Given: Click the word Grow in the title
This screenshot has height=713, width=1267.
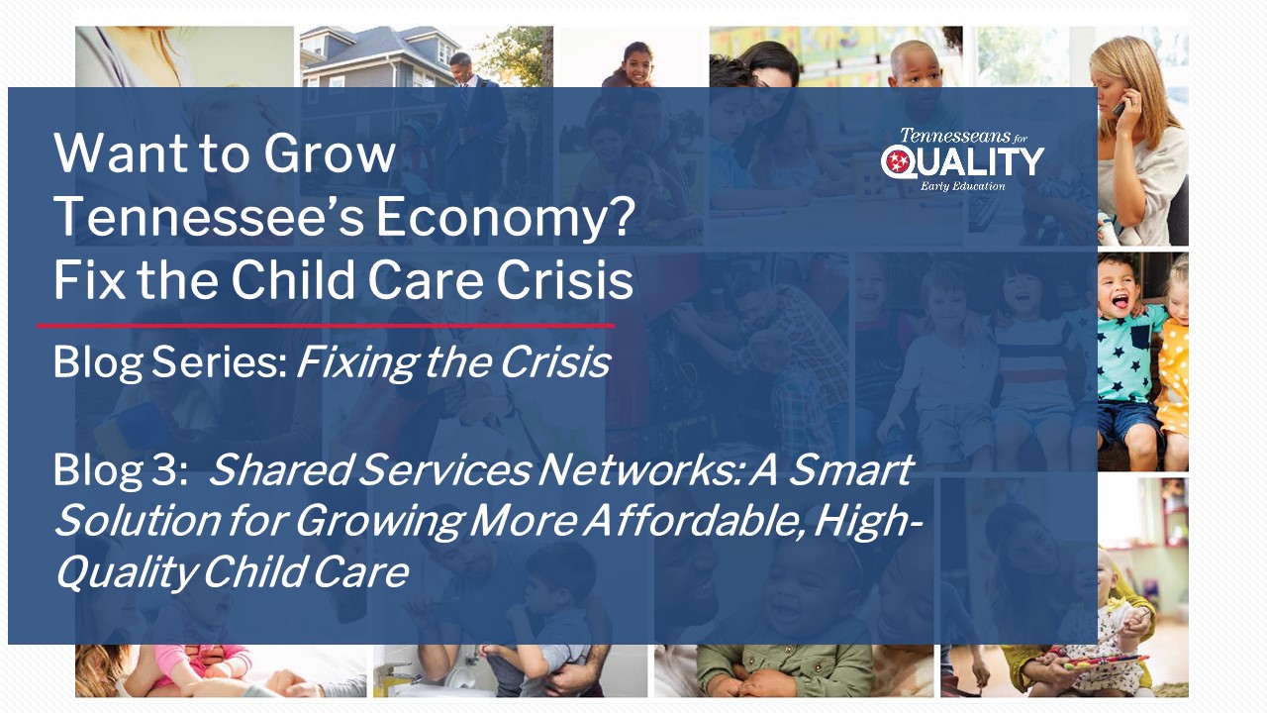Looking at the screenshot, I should [329, 155].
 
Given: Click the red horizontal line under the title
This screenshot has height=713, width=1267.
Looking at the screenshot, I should [326, 325].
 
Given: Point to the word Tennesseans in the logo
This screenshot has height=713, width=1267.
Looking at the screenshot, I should [956, 136].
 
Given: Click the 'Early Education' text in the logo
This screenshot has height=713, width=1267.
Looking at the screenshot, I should [962, 185].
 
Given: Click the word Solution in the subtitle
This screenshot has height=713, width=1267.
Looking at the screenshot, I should [134, 521].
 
